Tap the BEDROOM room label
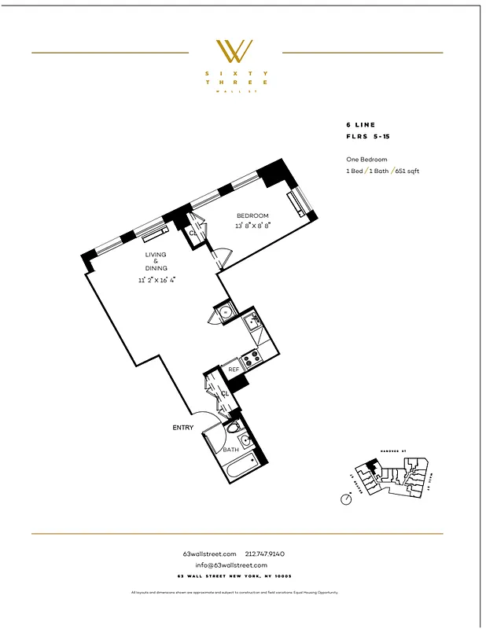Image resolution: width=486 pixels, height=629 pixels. tap(253, 215)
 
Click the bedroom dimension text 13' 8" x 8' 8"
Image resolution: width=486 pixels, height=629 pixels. tap(253, 226)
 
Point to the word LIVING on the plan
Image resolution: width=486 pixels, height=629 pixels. tap(154, 255)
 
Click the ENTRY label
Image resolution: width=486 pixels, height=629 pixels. tap(183, 428)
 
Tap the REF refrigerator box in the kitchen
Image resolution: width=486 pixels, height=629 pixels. tap(234, 369)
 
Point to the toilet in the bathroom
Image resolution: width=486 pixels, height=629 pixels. tap(232, 429)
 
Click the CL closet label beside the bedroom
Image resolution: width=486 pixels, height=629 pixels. tap(193, 233)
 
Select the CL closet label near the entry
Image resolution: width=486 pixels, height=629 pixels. tap(225, 393)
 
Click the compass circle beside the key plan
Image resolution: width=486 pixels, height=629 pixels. tap(346, 498)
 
